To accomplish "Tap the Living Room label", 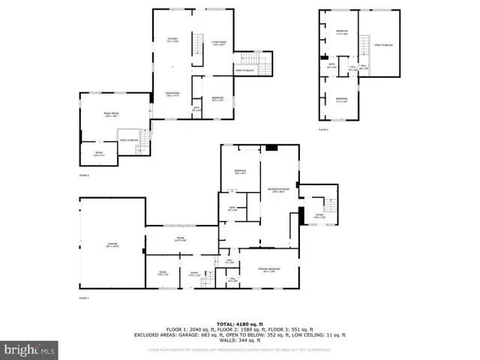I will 219,43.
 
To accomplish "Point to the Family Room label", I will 111,114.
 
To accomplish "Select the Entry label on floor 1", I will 193,274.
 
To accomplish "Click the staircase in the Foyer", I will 328,205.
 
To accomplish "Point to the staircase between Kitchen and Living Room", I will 199,43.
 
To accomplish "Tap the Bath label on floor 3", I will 331,65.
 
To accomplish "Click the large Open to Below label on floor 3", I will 384,45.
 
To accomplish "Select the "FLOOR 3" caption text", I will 323,129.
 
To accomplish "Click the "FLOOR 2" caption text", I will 84,175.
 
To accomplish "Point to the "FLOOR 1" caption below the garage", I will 84,298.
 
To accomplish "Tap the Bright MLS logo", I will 30,349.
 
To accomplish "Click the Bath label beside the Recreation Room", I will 233,208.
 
